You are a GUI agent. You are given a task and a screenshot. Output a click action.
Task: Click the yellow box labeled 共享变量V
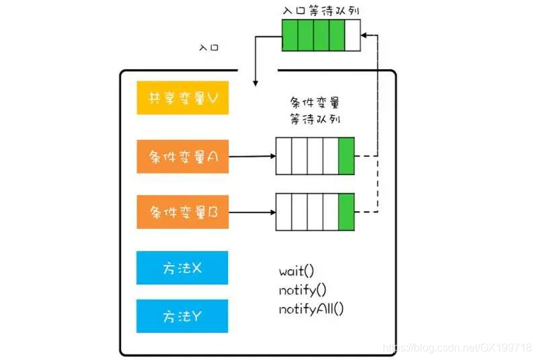point(182,98)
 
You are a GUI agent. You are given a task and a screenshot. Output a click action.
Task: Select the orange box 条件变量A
point(182,156)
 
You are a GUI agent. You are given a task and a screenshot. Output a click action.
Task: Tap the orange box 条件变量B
point(182,213)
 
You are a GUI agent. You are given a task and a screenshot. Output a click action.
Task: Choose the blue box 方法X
point(182,268)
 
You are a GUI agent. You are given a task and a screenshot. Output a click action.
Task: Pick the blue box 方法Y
point(182,316)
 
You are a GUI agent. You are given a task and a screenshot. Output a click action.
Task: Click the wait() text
point(297,272)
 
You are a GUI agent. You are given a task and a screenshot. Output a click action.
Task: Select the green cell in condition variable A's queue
point(346,156)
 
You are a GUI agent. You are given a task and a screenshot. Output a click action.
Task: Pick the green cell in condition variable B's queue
point(346,213)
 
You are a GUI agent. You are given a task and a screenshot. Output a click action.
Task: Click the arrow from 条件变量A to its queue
point(252,156)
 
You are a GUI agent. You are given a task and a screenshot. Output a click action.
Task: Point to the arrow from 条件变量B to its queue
point(252,213)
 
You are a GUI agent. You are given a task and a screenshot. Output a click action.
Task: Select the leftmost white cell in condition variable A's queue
point(284,156)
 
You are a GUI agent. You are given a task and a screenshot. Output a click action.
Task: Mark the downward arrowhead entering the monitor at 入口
point(256,82)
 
